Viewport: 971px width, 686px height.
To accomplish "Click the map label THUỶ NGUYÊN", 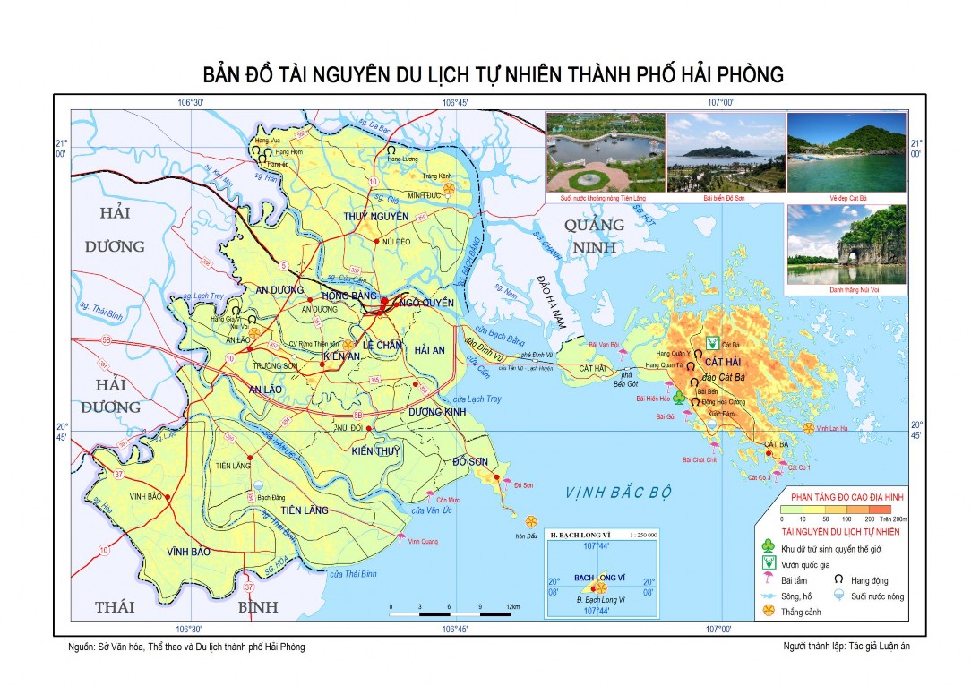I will (x=376, y=216).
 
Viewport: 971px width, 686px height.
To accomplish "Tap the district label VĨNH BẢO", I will (x=189, y=552).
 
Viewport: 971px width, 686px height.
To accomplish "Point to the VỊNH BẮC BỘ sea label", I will (x=618, y=492).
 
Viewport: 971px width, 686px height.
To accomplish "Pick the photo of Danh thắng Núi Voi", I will (x=846, y=244).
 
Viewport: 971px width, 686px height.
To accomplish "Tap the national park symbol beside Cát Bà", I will (x=712, y=343).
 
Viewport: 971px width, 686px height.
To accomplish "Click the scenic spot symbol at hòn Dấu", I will (x=531, y=521).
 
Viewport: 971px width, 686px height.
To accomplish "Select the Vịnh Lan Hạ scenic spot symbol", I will (x=809, y=429).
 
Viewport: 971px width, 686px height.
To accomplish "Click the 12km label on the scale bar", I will (x=512, y=606).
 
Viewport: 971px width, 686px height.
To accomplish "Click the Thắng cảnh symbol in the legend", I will (x=768, y=611).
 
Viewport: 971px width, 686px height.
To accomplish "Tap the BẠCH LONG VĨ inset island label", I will (x=600, y=578).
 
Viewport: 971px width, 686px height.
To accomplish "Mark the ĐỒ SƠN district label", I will (x=470, y=460).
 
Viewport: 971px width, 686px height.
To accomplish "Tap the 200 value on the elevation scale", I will (x=869, y=519).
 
